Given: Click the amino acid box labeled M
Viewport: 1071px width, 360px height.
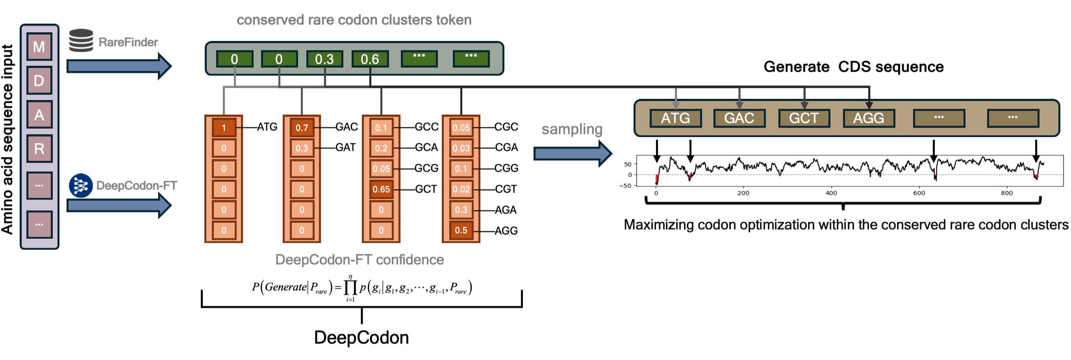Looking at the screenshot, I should click(x=39, y=47).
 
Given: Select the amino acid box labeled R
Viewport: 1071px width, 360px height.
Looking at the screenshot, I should click(x=39, y=148).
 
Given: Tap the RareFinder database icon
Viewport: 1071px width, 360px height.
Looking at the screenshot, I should click(x=81, y=40).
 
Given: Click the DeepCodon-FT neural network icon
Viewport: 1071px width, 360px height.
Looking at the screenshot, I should click(x=81, y=186).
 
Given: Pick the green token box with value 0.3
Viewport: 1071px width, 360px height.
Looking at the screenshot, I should click(x=324, y=59).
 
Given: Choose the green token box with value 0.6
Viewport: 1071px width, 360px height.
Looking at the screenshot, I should click(x=370, y=59).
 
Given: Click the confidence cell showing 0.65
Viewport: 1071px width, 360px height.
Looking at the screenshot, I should click(x=381, y=189).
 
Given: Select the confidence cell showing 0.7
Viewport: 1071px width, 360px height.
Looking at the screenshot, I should click(x=302, y=128).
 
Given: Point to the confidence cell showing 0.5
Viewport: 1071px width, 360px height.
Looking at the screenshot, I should click(x=461, y=230).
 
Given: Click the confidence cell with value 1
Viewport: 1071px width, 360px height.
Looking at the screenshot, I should click(x=224, y=128).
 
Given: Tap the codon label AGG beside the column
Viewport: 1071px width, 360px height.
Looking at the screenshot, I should click(x=506, y=231).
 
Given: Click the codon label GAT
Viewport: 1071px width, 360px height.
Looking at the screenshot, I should click(x=345, y=148).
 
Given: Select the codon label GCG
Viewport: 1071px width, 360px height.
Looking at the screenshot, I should click(x=426, y=168).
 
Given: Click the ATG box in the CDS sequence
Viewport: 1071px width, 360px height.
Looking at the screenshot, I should click(x=676, y=119).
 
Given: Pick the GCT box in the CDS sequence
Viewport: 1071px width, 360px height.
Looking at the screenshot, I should click(x=804, y=119).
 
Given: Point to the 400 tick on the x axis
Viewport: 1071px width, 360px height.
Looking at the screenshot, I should click(x=831, y=193).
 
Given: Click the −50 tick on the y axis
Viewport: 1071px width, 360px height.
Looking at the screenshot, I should click(x=625, y=186).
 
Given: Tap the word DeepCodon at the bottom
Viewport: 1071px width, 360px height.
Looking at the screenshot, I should click(x=361, y=338).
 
